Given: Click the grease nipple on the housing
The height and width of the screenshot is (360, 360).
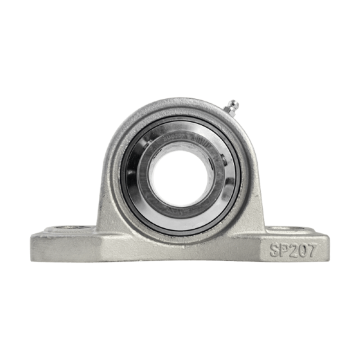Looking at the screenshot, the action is click(232, 108).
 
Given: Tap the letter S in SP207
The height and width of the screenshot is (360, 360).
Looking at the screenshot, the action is click(275, 250).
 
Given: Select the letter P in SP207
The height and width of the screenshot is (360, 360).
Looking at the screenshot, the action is click(284, 250).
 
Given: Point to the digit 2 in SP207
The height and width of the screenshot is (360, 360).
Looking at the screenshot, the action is click(293, 250).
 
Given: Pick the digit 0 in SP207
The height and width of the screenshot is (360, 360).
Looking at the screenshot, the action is click(302, 250).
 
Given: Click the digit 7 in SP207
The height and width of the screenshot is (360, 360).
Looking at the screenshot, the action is click(311, 250).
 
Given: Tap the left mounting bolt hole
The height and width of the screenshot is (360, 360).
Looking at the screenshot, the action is click(69, 228).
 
